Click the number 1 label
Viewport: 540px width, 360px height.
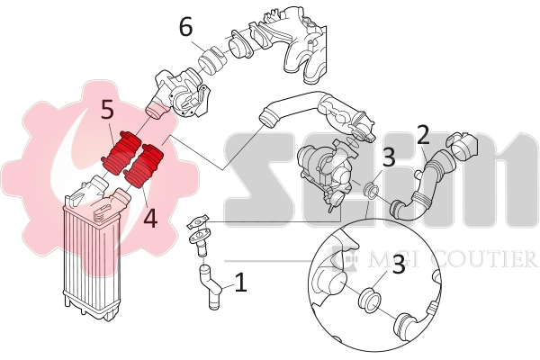tap(240, 284)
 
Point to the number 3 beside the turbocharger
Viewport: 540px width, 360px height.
tap(388, 158)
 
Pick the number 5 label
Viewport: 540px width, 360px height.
tap(107, 111)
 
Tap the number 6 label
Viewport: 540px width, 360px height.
tap(185, 28)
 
